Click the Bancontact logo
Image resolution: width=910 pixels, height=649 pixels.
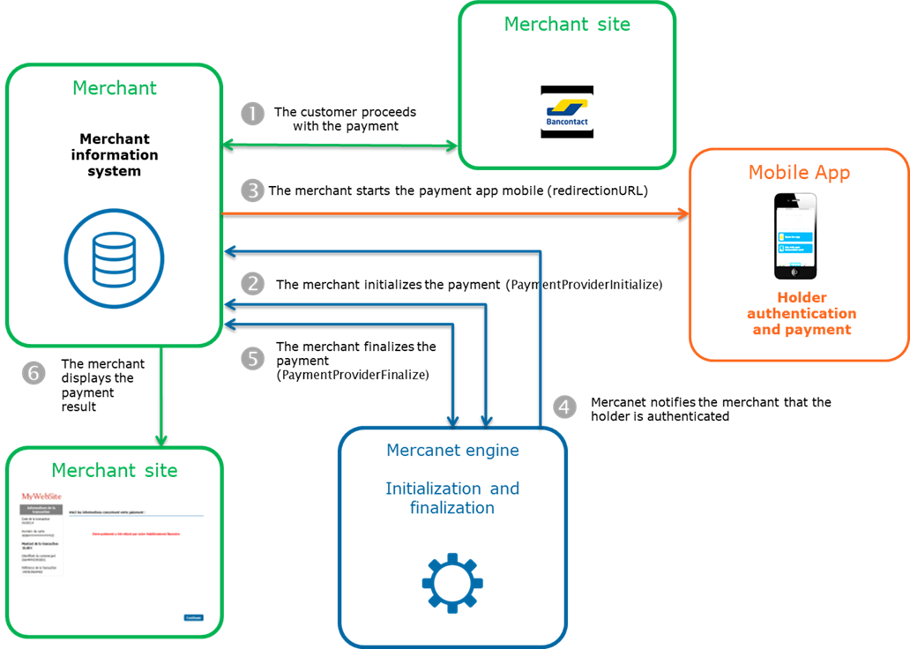click(567, 112)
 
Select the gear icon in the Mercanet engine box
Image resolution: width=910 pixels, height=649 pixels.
click(452, 582)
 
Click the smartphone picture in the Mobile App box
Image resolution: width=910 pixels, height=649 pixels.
click(794, 235)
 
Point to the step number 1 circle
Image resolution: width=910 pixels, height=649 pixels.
click(252, 114)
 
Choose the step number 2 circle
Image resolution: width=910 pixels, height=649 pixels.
click(252, 283)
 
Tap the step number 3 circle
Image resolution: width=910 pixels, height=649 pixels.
click(252, 190)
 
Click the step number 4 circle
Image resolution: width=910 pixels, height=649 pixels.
click(565, 407)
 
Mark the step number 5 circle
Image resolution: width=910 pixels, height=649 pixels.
click(252, 359)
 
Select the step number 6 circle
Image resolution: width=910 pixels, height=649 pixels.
click(34, 373)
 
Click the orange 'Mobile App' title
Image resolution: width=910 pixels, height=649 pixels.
click(799, 172)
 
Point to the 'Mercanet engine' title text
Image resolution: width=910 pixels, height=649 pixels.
click(452, 451)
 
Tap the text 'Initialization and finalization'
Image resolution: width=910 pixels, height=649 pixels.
click(452, 498)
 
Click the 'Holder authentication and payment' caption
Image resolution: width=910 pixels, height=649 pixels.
click(801, 314)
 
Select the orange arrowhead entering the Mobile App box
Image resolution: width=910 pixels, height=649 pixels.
click(682, 213)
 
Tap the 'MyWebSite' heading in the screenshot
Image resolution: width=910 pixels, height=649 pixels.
click(42, 496)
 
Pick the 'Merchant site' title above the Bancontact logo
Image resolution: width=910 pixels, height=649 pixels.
click(567, 25)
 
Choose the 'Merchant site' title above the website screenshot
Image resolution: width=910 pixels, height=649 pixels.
click(114, 470)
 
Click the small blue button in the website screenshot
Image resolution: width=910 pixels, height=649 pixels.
click(193, 617)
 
